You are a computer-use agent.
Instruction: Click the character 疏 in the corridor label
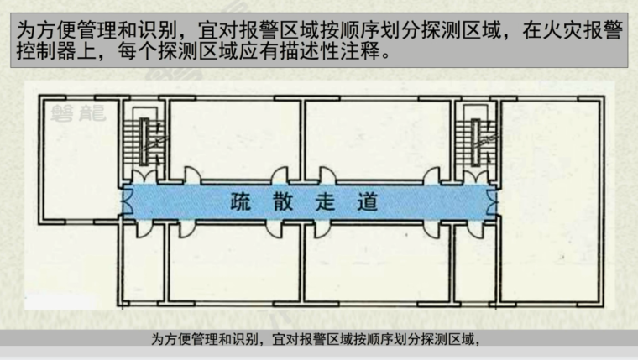pos(238,202)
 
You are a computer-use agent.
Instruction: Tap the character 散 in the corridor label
pos(285,202)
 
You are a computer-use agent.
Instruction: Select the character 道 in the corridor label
pos(369,202)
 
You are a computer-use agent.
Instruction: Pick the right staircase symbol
pos(475,137)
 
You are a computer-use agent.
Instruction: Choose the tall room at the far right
pos(550,201)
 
